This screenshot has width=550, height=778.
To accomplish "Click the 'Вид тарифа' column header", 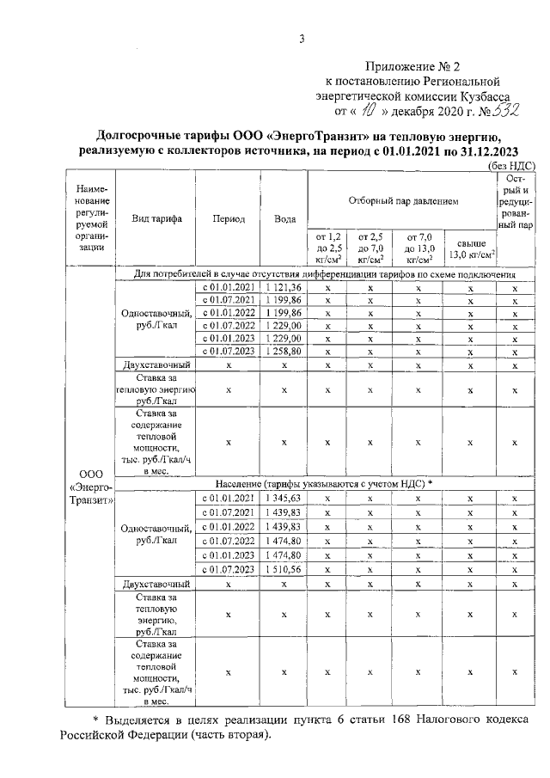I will pos(156,219).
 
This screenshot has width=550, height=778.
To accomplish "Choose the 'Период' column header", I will pos(228,219).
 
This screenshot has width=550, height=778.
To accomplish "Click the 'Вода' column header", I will pos(284,219).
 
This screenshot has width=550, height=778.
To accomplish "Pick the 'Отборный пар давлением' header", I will pos(403,200).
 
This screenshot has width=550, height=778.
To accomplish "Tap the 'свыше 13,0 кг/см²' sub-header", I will pos(471,249).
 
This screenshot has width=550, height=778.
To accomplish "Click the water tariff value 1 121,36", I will pos(284,286).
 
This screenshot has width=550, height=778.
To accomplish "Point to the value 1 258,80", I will pos(284,351).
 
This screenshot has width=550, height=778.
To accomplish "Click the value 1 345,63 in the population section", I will pos(284,498).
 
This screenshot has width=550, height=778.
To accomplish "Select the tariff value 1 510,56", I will pos(284,570).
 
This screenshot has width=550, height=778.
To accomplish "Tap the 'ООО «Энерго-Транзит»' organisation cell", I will pos(90,487).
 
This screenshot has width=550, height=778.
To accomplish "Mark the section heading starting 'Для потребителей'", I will pos(325,273).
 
